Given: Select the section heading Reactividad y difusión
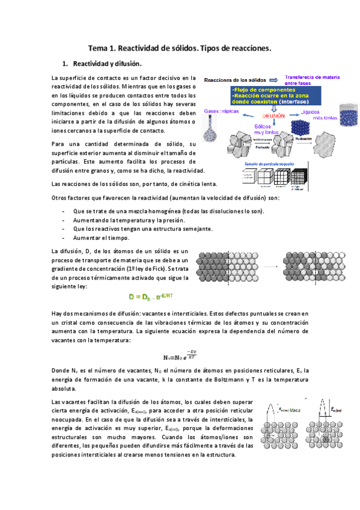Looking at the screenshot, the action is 107,63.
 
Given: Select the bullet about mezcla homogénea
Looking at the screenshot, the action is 168,212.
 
